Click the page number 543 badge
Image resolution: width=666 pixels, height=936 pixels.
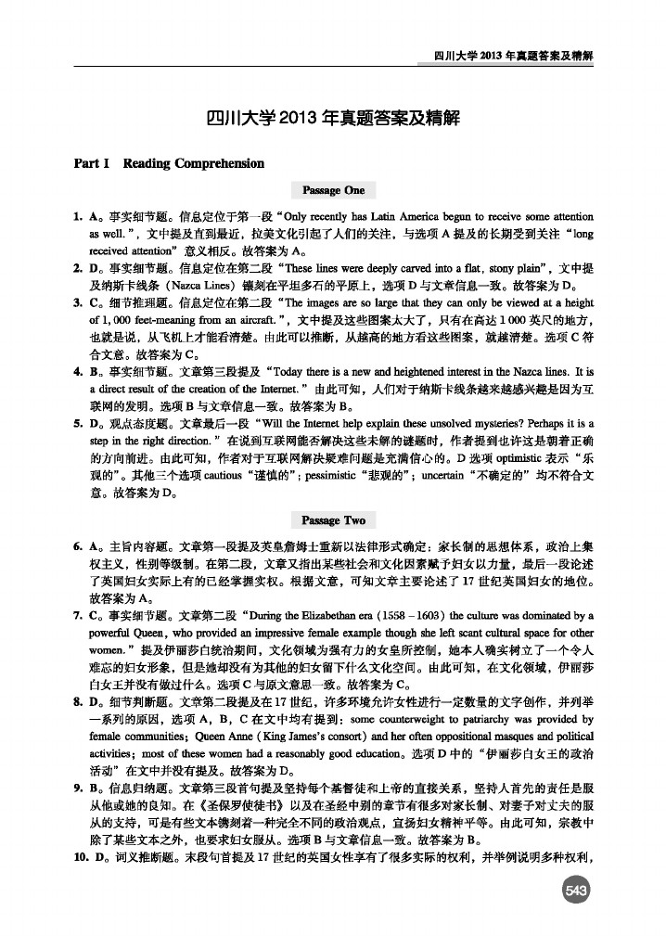[x=577, y=891]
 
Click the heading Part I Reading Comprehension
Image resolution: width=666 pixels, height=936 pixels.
[x=169, y=163]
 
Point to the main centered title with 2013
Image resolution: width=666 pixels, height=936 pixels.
[x=333, y=119]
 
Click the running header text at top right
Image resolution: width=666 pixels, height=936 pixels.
[x=513, y=57]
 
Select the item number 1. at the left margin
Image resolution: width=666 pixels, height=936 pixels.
[x=79, y=217]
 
